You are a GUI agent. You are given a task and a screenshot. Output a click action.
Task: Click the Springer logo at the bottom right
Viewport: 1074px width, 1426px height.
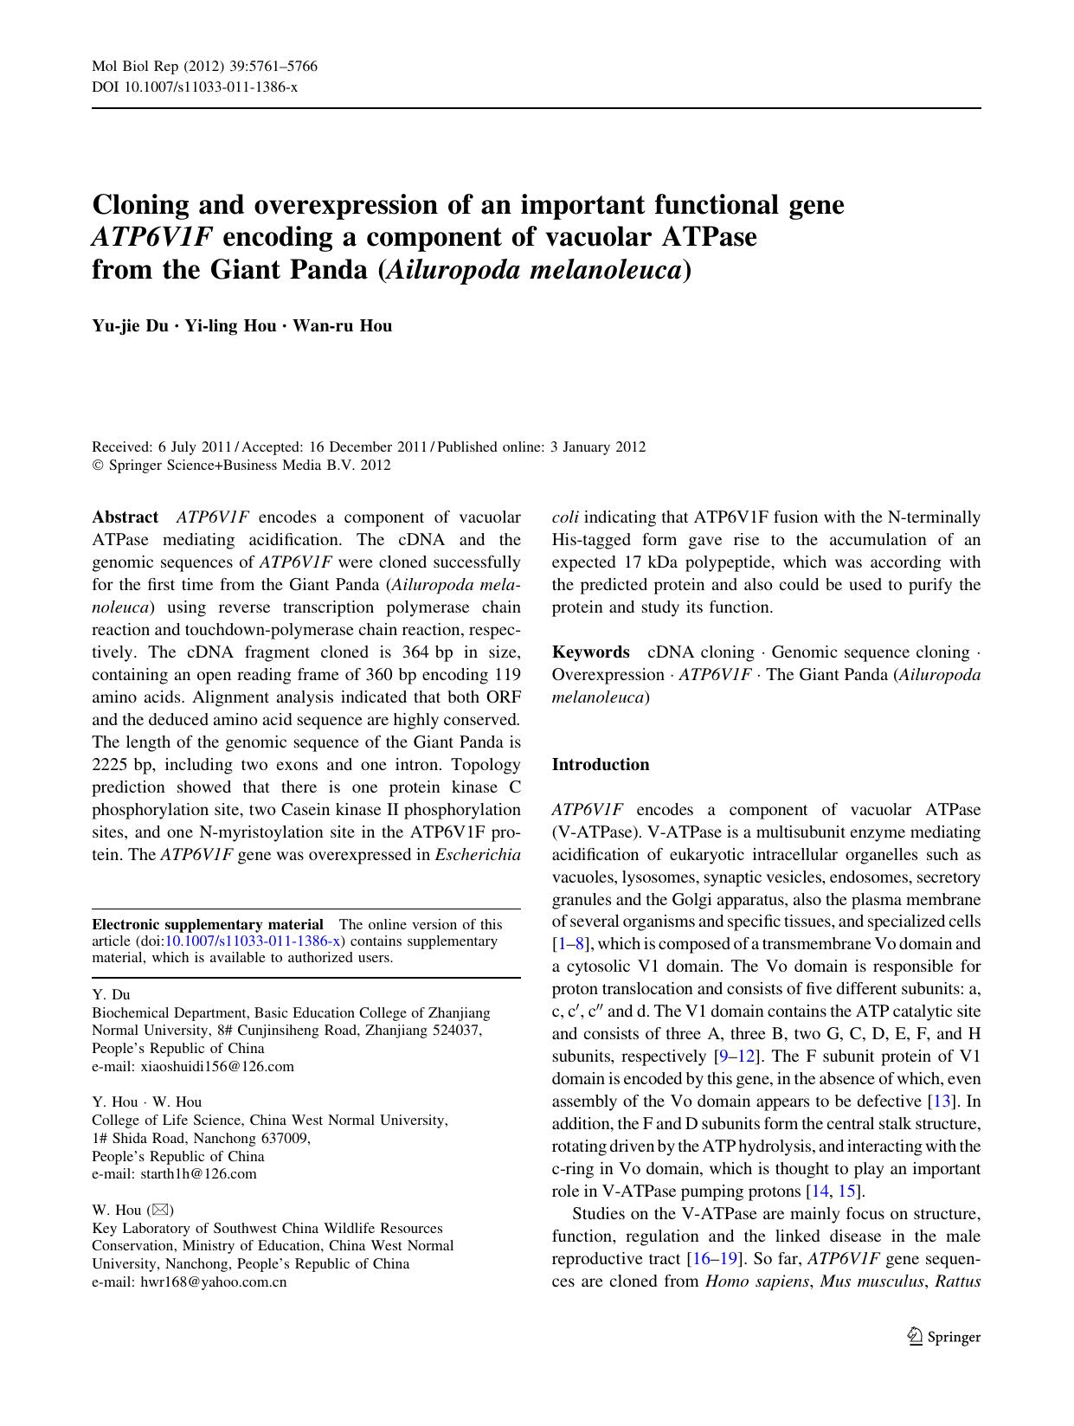pos(944,1337)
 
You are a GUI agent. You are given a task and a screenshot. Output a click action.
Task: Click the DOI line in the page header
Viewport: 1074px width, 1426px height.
pos(195,87)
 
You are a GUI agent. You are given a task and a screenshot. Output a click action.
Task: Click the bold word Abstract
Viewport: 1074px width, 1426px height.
pos(125,517)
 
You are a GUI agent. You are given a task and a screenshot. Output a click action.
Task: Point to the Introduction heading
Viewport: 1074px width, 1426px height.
pos(600,765)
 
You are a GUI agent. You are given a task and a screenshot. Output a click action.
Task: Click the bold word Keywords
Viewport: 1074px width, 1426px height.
pos(590,652)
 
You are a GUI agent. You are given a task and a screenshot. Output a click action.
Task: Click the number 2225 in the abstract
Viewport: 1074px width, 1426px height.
pos(110,765)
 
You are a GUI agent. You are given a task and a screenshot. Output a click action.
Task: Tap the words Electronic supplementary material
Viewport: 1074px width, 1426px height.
pos(208,924)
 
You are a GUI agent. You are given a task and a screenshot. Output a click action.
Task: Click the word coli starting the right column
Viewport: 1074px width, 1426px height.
pos(565,517)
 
